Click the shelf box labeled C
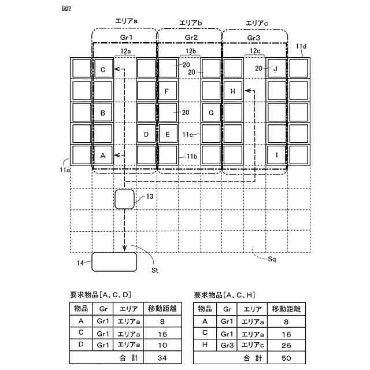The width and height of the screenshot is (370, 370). tap(103, 70)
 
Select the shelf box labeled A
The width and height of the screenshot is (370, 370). tap(103, 156)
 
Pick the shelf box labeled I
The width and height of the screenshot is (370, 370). tap(276, 156)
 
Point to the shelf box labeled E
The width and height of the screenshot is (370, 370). tap(168, 134)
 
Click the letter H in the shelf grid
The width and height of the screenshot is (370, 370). tap(232, 91)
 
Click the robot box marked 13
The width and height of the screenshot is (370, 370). tap(124, 199)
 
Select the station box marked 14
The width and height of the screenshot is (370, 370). tap(114, 262)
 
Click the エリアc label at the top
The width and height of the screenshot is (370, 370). tap(256, 23)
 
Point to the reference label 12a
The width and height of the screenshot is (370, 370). tap(125, 51)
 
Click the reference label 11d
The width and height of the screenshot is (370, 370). tap(301, 46)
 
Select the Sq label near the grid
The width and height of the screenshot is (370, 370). tap(272, 260)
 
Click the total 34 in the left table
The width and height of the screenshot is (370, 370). tap(162, 358)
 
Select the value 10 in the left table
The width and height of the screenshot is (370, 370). tap(162, 346)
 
